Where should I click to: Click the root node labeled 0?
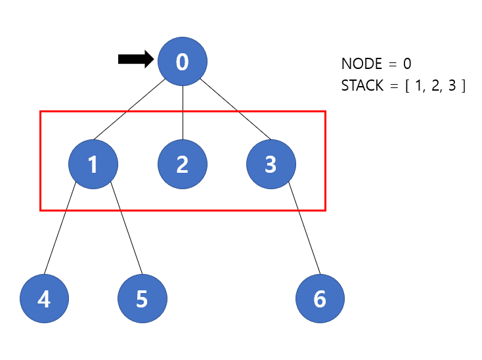(x=183, y=62)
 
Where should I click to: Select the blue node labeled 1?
(x=93, y=164)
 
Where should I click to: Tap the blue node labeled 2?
(x=183, y=164)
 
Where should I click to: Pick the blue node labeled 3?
(x=271, y=164)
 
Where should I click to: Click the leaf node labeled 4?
(x=44, y=299)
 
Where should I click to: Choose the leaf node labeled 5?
(x=142, y=299)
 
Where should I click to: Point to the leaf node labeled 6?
(x=320, y=299)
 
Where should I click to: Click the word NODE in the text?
(x=361, y=64)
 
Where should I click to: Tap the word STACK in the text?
(x=362, y=86)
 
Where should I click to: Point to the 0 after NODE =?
(x=408, y=64)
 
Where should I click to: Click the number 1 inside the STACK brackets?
(x=419, y=86)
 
